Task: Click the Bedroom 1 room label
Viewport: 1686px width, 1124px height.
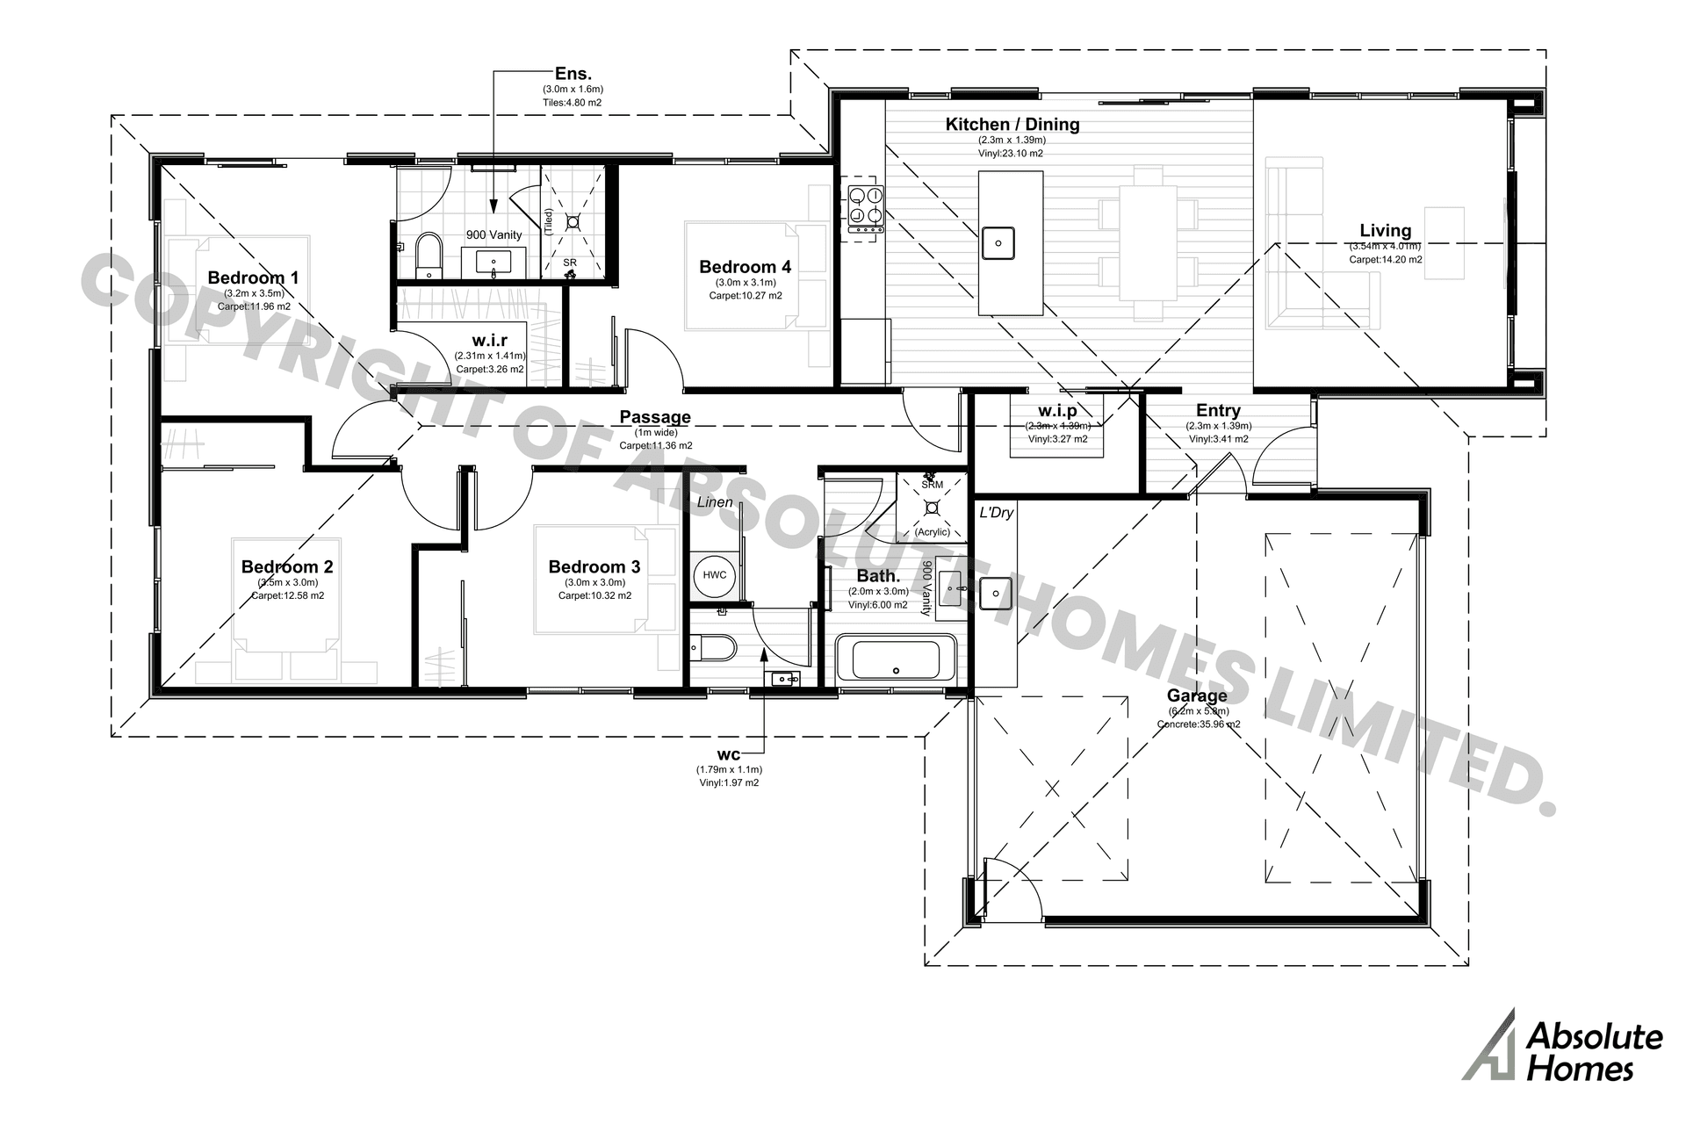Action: [x=253, y=277]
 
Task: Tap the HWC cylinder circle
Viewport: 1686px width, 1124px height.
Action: [x=715, y=575]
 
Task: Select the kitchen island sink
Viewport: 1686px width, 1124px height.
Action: [x=998, y=241]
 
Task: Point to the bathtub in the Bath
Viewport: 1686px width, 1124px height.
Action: [x=896, y=659]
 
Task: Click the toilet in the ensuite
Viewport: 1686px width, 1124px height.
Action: [x=428, y=254]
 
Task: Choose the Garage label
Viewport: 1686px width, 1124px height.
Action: [x=1197, y=696]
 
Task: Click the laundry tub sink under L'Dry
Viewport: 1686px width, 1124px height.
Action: [x=996, y=594]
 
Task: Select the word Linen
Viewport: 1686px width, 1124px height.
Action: [x=715, y=502]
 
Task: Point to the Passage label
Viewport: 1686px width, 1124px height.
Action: [x=655, y=417]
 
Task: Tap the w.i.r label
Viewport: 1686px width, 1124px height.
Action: [x=489, y=340]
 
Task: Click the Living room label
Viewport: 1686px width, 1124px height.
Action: [x=1385, y=231]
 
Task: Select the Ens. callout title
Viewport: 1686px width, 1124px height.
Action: [x=573, y=74]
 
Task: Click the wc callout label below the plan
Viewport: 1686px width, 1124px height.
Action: [x=729, y=754]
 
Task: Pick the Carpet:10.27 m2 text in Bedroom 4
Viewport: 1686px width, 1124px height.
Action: [x=746, y=296]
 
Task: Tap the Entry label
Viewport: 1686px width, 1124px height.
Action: [x=1218, y=410]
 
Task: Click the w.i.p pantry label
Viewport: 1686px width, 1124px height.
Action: [x=1057, y=411]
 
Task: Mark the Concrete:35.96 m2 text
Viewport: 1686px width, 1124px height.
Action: [x=1199, y=724]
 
